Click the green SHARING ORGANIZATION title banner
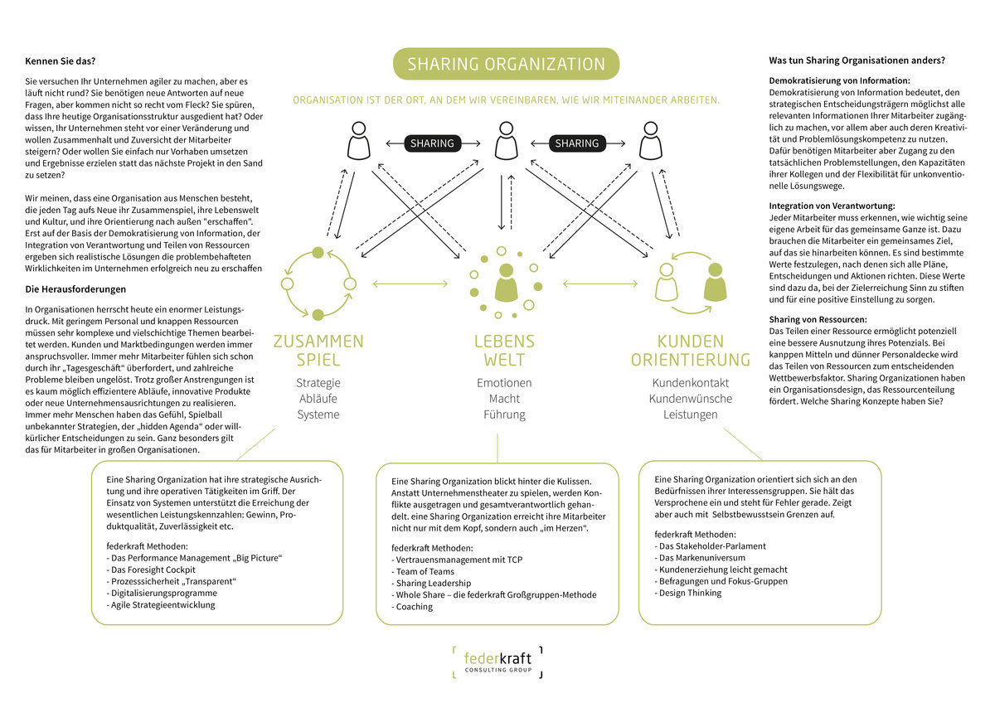[506, 64]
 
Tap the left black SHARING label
[432, 143]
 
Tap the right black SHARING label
[577, 143]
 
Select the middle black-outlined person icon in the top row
[506, 140]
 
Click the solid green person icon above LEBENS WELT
[506, 283]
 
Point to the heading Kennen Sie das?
[60, 61]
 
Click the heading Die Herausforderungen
[75, 289]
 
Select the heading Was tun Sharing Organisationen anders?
[857, 61]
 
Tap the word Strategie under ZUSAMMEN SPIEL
[318, 383]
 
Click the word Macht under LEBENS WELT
[504, 399]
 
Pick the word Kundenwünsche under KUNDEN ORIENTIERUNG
[690, 399]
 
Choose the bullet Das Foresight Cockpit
[151, 570]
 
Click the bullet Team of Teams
[423, 571]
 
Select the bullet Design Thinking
[688, 593]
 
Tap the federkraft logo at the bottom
[498, 662]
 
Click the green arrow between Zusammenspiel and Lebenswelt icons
[410, 284]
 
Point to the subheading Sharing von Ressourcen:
[818, 319]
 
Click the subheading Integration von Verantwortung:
[832, 206]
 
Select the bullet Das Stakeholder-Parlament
[710, 546]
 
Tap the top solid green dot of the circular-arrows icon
[318, 253]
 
